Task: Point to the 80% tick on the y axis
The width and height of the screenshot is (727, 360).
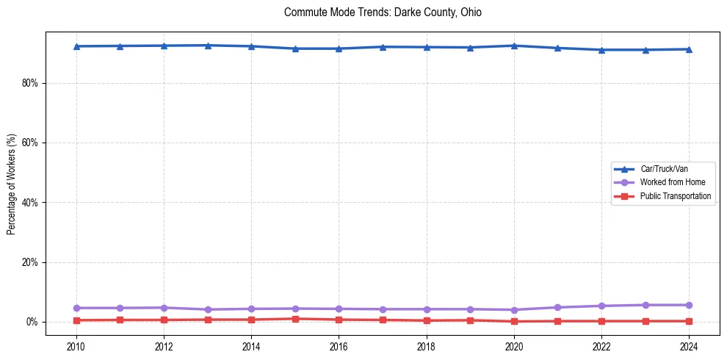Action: click(x=29, y=83)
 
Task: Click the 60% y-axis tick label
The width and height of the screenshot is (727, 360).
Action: click(x=29, y=143)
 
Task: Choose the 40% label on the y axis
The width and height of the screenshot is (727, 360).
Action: click(x=29, y=203)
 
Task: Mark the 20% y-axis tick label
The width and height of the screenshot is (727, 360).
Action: click(x=29, y=262)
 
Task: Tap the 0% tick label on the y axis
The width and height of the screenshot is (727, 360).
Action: click(x=32, y=322)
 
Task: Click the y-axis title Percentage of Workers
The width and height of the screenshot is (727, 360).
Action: click(x=12, y=184)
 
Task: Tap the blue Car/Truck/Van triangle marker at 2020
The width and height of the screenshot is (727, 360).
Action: click(x=514, y=46)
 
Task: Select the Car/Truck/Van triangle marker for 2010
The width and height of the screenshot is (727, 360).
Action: click(x=76, y=46)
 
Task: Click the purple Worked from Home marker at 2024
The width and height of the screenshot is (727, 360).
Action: click(x=689, y=305)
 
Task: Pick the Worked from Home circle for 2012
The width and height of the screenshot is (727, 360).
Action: click(x=164, y=308)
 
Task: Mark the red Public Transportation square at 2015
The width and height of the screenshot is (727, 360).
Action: click(x=295, y=319)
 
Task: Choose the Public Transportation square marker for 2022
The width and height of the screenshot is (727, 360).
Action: click(x=601, y=321)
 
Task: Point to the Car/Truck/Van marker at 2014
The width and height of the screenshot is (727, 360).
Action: click(x=251, y=46)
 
